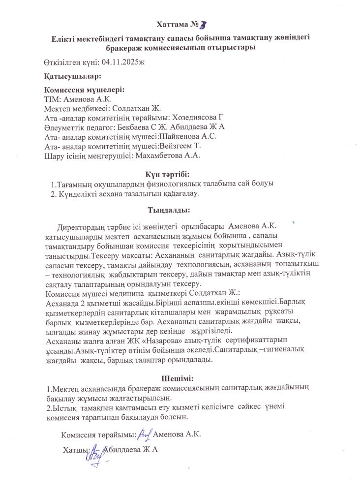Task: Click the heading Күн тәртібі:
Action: point(167,174)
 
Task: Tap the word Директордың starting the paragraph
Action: point(82,226)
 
